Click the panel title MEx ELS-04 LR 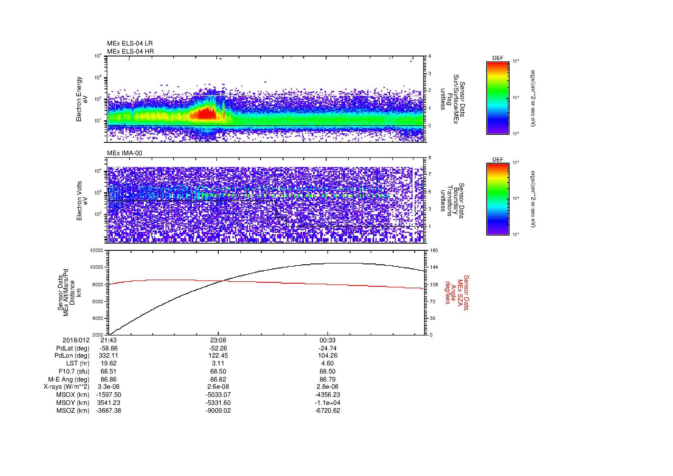(129, 43)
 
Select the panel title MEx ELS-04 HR (130, 51)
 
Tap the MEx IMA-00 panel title (124, 153)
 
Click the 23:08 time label (218, 340)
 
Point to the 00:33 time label (327, 340)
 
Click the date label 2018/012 (76, 340)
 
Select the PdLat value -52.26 (218, 348)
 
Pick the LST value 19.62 (109, 364)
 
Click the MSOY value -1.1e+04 (327, 403)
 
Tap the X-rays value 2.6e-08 (218, 387)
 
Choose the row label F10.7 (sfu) (74, 371)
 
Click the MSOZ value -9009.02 (218, 411)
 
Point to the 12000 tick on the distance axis (97, 251)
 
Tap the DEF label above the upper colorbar (497, 58)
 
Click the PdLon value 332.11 (109, 356)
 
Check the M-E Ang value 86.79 (327, 379)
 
